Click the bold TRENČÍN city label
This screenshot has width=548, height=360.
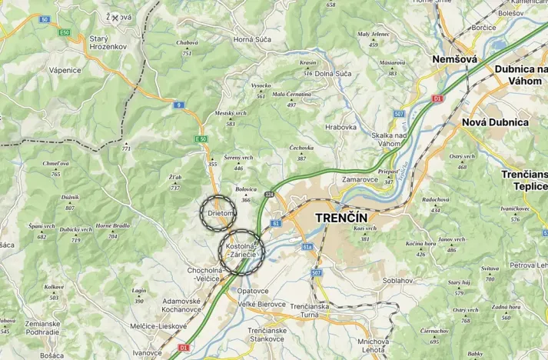click(x=347, y=218)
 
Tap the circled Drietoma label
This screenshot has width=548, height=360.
click(x=219, y=213)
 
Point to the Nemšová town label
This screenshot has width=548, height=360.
click(x=454, y=59)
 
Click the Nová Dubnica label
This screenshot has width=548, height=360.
click(x=495, y=122)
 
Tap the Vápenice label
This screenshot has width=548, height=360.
click(x=65, y=70)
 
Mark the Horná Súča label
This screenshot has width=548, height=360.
click(x=253, y=39)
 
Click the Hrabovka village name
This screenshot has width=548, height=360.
click(x=340, y=127)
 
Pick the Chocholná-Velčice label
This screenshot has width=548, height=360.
click(x=205, y=275)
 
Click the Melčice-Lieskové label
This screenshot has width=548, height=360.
click(x=160, y=326)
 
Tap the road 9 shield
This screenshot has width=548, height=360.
click(x=178, y=105)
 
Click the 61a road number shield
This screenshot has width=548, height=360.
click(x=307, y=247)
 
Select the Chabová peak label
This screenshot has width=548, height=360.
click(x=187, y=43)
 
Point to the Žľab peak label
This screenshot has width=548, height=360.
click(x=175, y=178)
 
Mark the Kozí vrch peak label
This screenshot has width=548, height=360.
click(x=365, y=228)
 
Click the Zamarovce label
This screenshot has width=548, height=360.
click(x=360, y=178)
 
